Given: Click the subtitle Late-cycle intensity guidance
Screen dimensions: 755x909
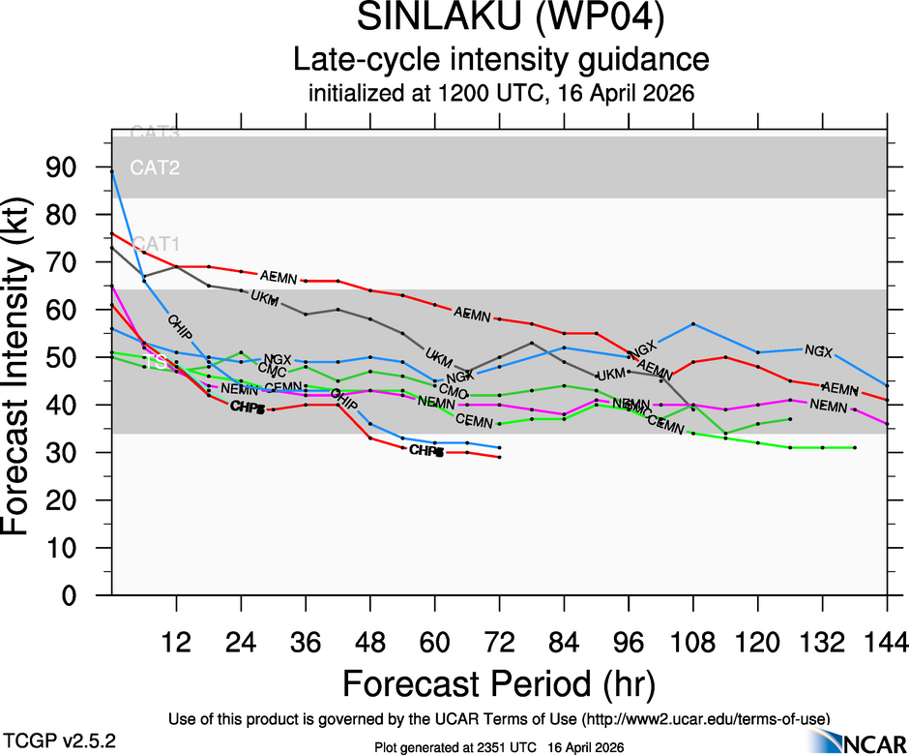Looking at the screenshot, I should pos(501,60).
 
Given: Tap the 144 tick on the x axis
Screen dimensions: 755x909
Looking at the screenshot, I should pos(887,642).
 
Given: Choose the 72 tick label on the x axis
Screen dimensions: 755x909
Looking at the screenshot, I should pos(499,642).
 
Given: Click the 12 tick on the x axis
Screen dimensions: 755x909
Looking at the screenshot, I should pos(176,642).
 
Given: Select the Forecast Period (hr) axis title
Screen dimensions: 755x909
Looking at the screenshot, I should pos(500,683).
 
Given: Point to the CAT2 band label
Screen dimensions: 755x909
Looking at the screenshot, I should pos(155,167).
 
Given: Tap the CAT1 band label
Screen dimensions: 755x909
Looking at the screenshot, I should pos(155,243).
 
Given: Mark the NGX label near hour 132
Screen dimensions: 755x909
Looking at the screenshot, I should pos(819,350).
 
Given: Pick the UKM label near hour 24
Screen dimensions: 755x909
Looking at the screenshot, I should pos(264,295).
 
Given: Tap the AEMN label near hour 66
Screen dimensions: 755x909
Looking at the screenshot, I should pos(473,313).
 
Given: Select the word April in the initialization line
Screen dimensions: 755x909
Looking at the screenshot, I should pos(606,95).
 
